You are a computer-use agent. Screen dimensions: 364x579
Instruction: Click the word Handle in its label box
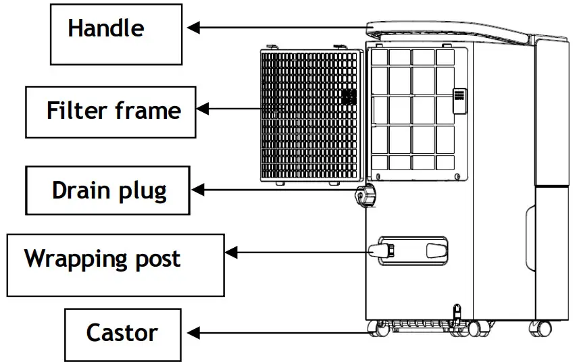pos(105,28)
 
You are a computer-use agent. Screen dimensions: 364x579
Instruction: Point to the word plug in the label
pos(141,191)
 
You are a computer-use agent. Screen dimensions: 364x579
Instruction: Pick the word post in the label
pos(157,259)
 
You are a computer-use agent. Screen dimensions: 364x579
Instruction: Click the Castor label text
pos(122,332)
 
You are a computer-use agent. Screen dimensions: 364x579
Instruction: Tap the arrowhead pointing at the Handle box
pos(193,28)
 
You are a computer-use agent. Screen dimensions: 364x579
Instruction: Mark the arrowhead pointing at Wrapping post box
pos(231,252)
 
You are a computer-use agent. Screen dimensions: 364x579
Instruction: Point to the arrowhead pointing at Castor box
pos(193,332)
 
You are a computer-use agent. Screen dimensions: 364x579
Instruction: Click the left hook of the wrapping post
pos(378,252)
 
